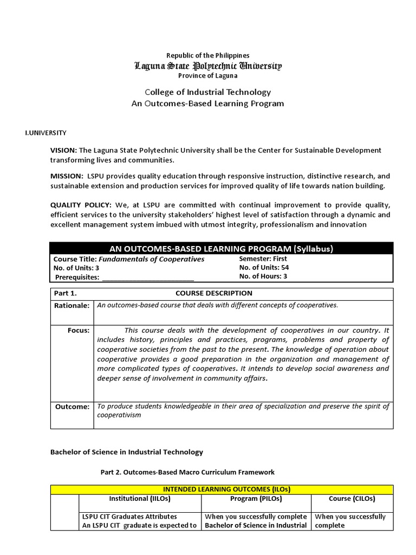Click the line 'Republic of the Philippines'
click(208, 55)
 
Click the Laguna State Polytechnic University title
click(208, 66)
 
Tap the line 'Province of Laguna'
click(208, 75)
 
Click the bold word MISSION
click(67, 177)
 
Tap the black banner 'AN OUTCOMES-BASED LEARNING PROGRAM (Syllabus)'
click(222, 249)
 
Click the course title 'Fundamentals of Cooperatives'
click(151, 259)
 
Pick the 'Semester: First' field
click(263, 259)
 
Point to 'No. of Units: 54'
click(264, 267)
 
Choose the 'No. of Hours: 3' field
click(263, 276)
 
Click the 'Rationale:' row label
click(71, 306)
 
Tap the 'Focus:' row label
click(79, 331)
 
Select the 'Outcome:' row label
click(72, 407)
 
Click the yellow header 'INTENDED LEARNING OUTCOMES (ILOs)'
click(222, 489)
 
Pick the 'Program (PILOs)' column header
click(256, 499)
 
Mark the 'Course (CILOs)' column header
click(352, 499)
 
